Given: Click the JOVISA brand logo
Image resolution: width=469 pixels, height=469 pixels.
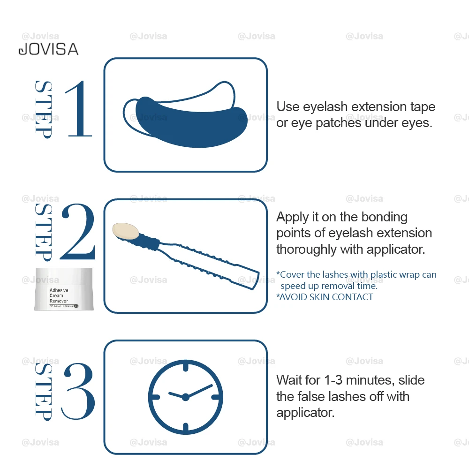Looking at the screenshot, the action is click(x=48, y=49).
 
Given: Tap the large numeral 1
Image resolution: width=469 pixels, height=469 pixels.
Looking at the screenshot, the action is click(x=78, y=109).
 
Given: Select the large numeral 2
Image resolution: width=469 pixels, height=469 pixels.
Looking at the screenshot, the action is click(x=78, y=231).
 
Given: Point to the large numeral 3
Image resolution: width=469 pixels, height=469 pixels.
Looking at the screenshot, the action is click(x=78, y=391).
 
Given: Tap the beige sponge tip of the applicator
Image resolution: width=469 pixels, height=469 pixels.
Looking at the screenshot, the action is click(x=126, y=231).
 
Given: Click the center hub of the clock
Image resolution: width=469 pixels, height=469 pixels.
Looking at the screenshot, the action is click(x=185, y=397).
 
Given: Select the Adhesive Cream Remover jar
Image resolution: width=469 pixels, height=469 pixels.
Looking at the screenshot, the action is click(x=64, y=289).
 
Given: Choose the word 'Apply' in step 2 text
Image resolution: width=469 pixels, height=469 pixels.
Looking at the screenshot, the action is click(x=293, y=218).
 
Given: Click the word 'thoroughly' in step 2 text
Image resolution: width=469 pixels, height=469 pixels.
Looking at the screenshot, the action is click(x=306, y=249).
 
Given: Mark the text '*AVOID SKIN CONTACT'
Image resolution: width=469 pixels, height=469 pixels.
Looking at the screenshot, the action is click(x=325, y=297).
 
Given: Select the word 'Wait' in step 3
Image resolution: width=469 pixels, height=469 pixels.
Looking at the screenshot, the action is click(x=289, y=380).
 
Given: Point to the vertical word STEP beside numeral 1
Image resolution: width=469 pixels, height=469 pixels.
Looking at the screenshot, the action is click(x=44, y=110).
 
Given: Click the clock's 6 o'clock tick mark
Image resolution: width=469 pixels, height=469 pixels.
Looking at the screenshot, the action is click(x=185, y=427).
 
